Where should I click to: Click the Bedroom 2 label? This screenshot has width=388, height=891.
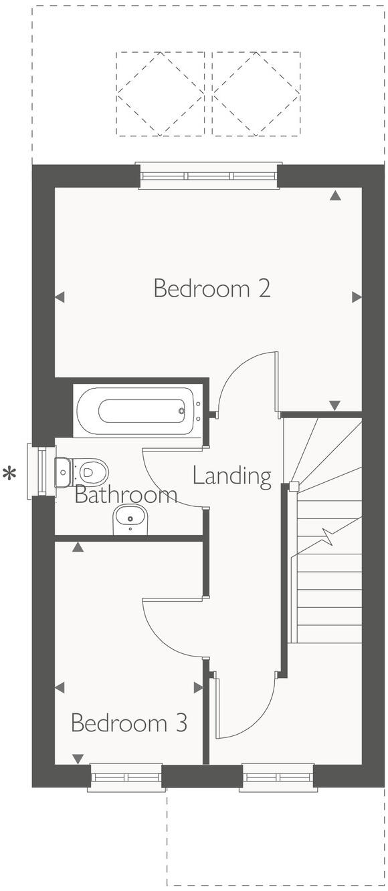pos(211,289)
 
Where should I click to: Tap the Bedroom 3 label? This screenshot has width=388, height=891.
pos(128,723)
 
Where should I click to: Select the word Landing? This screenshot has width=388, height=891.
pos(231,476)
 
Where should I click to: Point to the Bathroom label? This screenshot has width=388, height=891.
pos(126,495)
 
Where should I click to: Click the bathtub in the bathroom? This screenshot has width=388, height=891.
pos(138,410)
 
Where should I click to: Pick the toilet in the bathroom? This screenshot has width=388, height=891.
pos(84,472)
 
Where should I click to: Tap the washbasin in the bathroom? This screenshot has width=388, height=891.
pos(130,518)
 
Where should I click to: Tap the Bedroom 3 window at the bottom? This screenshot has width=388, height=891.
pos(126,777)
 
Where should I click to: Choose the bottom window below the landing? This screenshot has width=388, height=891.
pos(278,777)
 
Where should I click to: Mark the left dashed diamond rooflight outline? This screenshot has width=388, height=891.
pos(161,94)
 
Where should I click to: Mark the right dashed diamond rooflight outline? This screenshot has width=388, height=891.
pos(256,94)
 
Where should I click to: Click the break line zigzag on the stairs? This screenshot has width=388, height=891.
pos(328,535)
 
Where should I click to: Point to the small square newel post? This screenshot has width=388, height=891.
pos(294,486)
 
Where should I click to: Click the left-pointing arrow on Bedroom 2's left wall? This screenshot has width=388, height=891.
pos(60,297)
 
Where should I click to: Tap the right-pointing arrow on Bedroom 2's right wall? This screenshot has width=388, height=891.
pos(357,297)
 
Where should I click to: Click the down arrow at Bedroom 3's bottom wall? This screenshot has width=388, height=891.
pos(78,759)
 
